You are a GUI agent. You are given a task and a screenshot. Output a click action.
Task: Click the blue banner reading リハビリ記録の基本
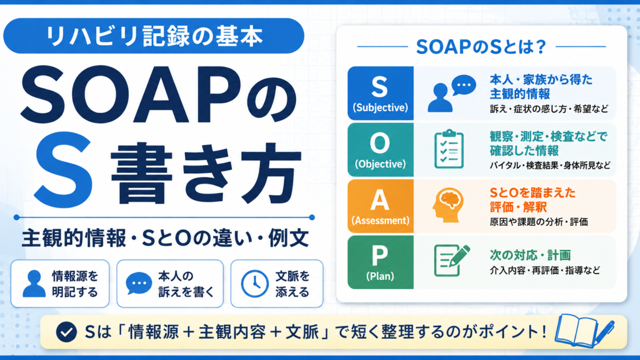click(x=154, y=36)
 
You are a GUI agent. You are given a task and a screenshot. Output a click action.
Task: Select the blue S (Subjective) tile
click(x=380, y=93)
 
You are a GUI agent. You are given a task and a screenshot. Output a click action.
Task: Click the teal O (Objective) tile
click(x=380, y=150)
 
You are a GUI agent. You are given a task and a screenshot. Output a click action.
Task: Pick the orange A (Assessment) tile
click(x=380, y=206)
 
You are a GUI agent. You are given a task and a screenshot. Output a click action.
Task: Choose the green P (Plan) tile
click(x=380, y=262)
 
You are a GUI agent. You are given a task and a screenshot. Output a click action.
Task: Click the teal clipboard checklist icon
click(x=449, y=149)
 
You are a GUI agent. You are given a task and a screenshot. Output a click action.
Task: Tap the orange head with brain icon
click(x=448, y=205)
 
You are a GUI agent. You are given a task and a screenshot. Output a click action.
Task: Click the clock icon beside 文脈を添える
click(x=255, y=283)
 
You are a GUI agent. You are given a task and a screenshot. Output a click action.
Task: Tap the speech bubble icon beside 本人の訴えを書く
click(x=139, y=283)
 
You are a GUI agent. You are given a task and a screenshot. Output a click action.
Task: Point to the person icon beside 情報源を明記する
click(x=34, y=283)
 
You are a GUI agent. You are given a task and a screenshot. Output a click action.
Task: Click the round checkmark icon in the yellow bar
click(x=66, y=332)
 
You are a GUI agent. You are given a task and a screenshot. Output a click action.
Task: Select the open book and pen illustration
click(x=584, y=330)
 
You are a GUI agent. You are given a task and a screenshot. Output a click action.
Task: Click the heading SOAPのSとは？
click(x=481, y=47)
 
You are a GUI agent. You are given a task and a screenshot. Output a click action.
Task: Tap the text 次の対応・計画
click(x=530, y=255)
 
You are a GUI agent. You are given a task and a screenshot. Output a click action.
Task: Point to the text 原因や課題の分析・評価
click(x=539, y=222)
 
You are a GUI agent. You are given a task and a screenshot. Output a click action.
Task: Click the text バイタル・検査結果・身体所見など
click(x=550, y=165)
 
